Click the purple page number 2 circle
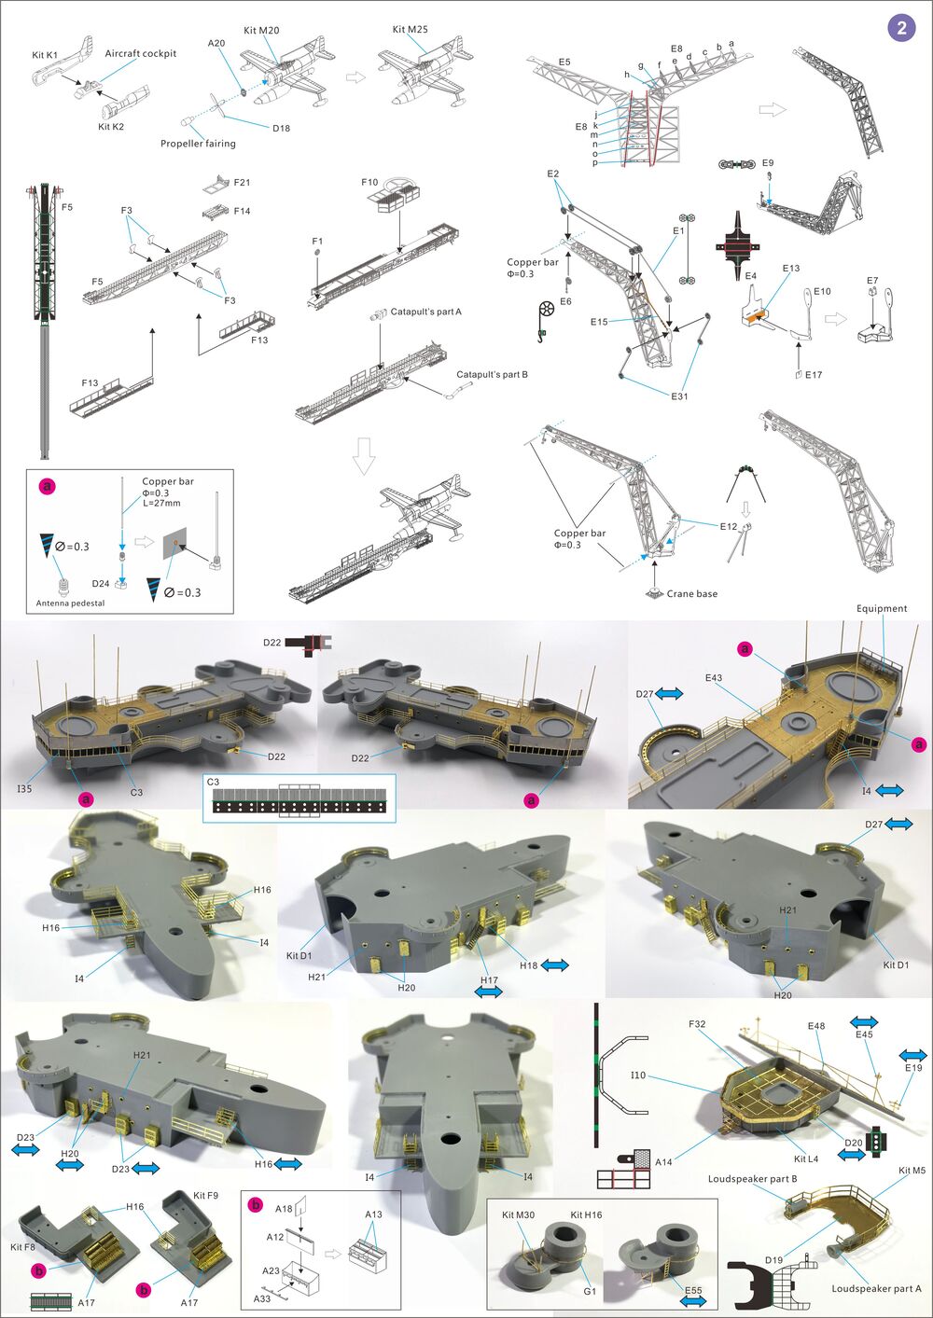click(901, 28)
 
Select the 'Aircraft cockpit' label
click(140, 53)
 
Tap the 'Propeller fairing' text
click(198, 144)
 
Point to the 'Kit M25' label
click(410, 30)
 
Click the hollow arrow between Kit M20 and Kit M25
click(355, 77)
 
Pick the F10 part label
click(369, 183)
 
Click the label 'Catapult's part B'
click(492, 374)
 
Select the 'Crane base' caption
click(691, 593)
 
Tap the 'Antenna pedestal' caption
click(71, 604)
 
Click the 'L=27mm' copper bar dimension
click(162, 503)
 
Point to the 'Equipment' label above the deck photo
click(881, 608)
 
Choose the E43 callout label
click(714, 678)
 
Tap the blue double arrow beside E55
click(693, 1300)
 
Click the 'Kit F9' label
click(205, 1195)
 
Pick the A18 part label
click(284, 1208)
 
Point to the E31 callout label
click(679, 396)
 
